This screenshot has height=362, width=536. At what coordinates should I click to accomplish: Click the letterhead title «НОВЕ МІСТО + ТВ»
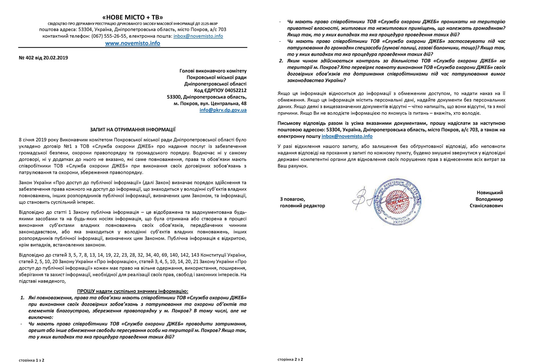coord(133,17)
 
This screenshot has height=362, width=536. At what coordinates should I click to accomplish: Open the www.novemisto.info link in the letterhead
coord(133,43)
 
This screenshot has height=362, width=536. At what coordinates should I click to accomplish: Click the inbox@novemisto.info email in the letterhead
coord(198,36)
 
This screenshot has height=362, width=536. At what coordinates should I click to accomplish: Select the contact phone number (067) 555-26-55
coord(109,36)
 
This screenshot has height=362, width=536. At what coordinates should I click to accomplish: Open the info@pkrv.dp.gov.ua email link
coord(223,110)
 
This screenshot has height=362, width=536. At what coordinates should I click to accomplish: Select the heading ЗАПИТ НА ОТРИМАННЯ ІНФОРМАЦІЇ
coord(133,129)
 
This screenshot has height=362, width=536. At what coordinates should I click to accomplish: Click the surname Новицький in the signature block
coord(490,193)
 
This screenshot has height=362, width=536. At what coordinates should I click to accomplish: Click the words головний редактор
coord(302,206)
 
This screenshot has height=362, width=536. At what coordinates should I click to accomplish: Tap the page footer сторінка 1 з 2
coord(32,360)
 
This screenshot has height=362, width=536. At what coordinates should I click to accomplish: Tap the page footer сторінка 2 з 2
coord(290,359)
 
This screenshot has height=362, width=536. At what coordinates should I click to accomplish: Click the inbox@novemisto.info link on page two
coord(347,136)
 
